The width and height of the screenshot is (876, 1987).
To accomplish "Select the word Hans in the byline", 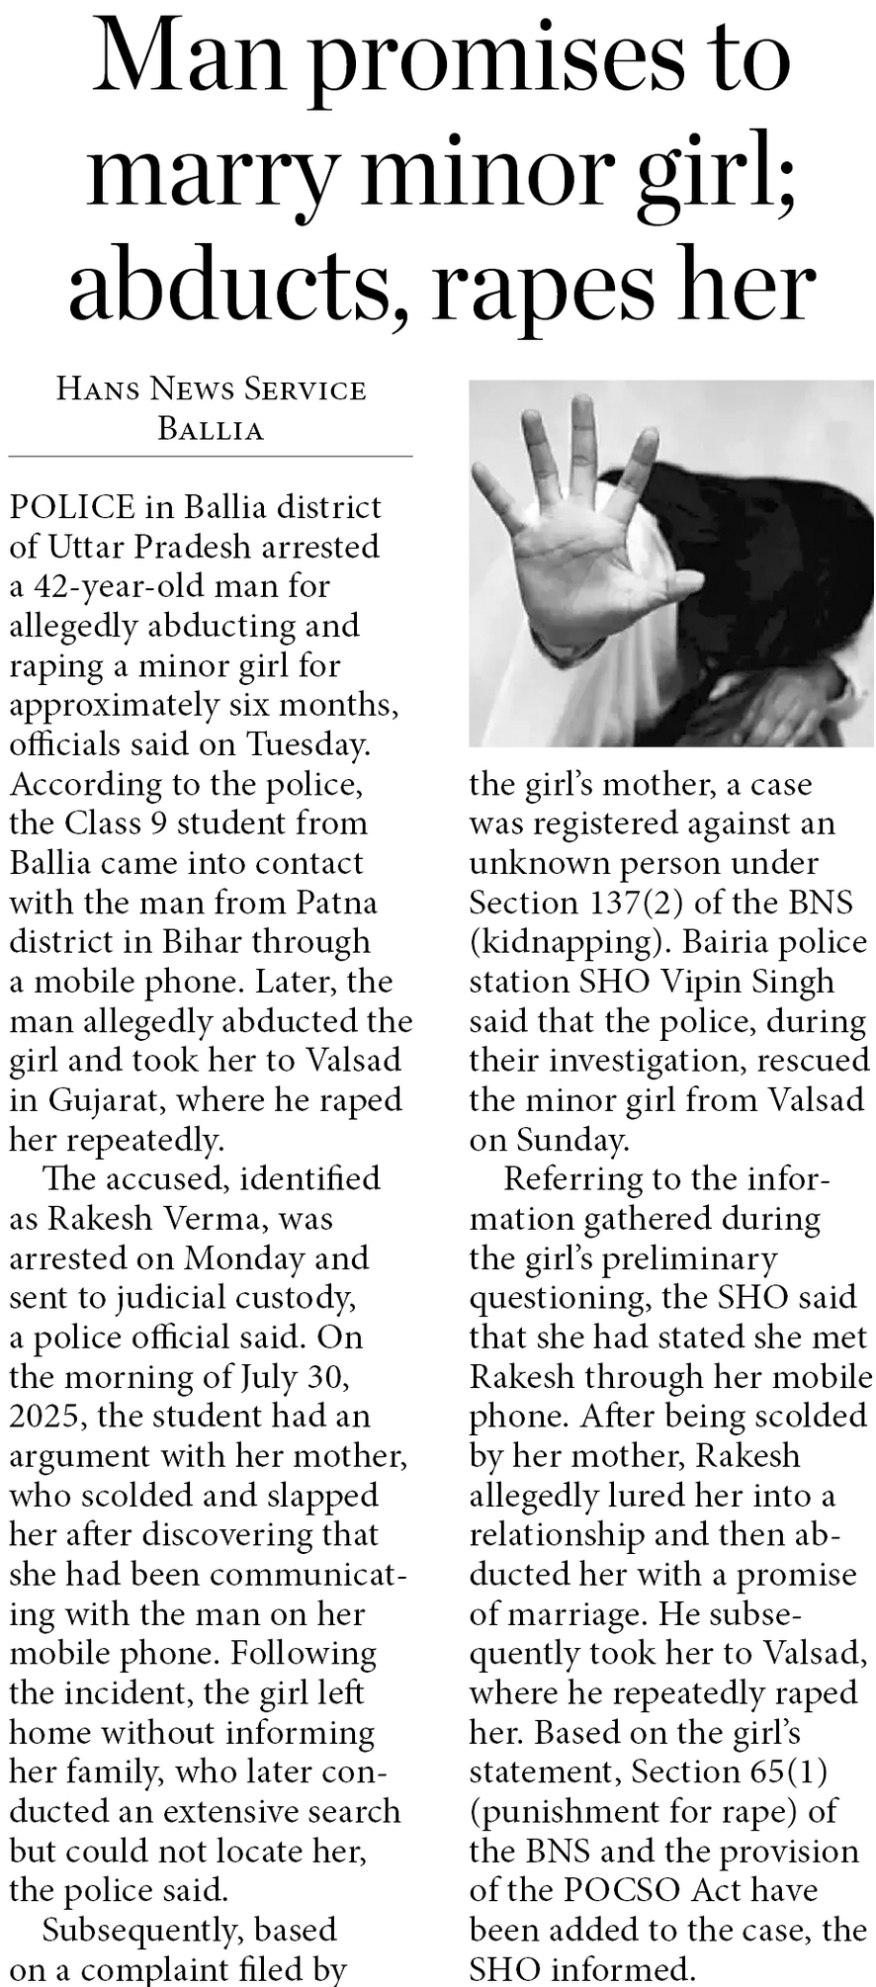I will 97,389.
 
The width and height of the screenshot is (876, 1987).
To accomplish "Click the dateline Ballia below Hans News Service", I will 211,429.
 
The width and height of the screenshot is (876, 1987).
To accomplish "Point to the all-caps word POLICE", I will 72,507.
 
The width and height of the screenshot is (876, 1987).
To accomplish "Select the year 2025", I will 48,1417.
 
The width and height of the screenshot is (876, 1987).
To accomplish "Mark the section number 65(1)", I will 778,1772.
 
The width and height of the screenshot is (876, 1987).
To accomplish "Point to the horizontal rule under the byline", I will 211,457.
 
